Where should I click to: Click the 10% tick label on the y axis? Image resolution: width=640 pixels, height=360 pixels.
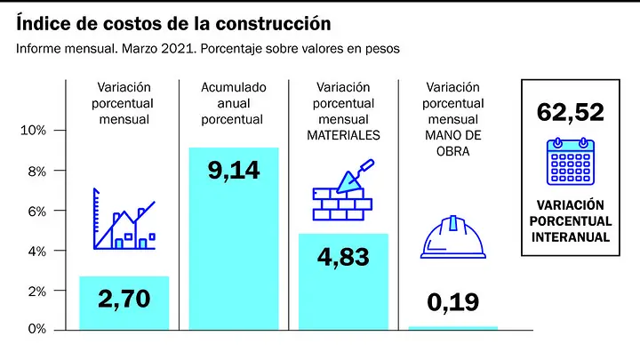click(33, 130)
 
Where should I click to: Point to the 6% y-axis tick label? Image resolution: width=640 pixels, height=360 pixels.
click(36, 212)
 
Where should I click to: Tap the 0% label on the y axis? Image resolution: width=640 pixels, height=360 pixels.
click(36, 329)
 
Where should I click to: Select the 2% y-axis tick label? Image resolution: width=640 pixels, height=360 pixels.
click(36, 292)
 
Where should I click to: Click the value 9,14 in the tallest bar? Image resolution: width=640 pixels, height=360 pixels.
click(234, 170)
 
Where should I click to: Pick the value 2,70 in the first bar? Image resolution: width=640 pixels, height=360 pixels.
click(124, 299)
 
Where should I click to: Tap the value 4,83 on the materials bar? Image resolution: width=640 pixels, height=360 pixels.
click(343, 257)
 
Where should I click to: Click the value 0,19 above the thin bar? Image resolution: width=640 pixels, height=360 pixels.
click(453, 302)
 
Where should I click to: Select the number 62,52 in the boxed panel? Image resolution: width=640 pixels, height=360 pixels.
click(570, 112)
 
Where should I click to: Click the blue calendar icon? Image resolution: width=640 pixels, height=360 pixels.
click(571, 162)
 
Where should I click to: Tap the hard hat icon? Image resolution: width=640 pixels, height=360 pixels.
click(453, 236)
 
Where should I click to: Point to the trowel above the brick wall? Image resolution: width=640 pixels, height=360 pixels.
click(355, 176)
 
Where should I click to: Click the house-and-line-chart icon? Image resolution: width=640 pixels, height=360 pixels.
click(124, 219)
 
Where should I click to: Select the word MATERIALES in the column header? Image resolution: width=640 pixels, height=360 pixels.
click(343, 135)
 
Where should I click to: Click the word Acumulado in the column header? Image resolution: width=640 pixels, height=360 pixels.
click(234, 87)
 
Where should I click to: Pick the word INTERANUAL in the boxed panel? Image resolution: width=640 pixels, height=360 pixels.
click(571, 237)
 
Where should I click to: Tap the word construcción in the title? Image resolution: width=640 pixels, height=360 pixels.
click(273, 24)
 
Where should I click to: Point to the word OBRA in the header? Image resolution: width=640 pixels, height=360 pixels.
click(453, 151)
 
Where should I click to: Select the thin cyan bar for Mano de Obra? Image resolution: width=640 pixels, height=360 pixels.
click(453, 328)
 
